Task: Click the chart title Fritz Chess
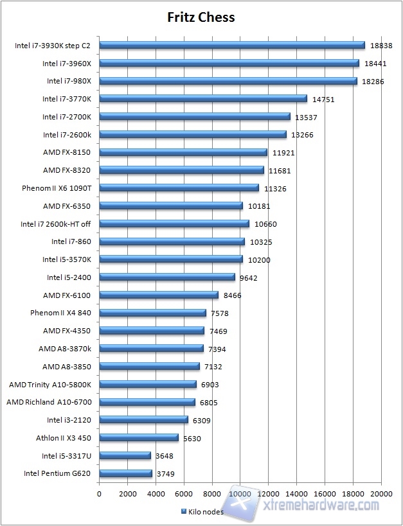pos(201,17)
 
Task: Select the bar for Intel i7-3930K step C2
pos(232,45)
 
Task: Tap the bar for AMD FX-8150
pos(183,152)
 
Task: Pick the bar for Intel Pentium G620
pos(125,473)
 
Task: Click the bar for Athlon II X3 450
pos(139,437)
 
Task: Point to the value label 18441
pos(375,63)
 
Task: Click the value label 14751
pos(324,99)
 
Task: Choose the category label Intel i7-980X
pos(69,81)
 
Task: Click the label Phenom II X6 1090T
pos(57,188)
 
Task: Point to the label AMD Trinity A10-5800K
pos(50,384)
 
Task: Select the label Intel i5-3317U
pos(67,455)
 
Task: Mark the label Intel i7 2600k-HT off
pos(55,224)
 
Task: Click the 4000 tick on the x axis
pos(156,493)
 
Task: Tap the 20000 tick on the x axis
pos(381,493)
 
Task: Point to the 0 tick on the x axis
pos(99,493)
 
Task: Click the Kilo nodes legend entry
pos(202,511)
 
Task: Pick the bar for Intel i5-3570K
pos(171,259)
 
